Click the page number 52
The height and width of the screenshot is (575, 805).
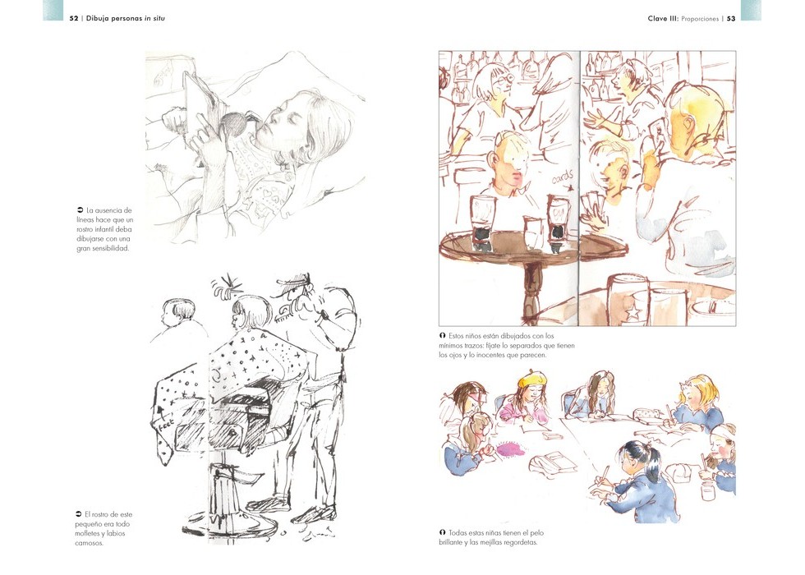(74, 18)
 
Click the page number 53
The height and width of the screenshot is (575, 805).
(730, 18)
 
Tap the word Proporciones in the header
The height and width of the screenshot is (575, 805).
(700, 19)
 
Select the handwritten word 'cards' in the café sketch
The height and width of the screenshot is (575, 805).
(562, 177)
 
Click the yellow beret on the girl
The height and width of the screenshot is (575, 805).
(532, 379)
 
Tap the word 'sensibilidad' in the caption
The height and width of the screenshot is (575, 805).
(110, 248)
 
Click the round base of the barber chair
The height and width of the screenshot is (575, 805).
(231, 525)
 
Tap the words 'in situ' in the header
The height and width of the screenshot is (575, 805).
(154, 18)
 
